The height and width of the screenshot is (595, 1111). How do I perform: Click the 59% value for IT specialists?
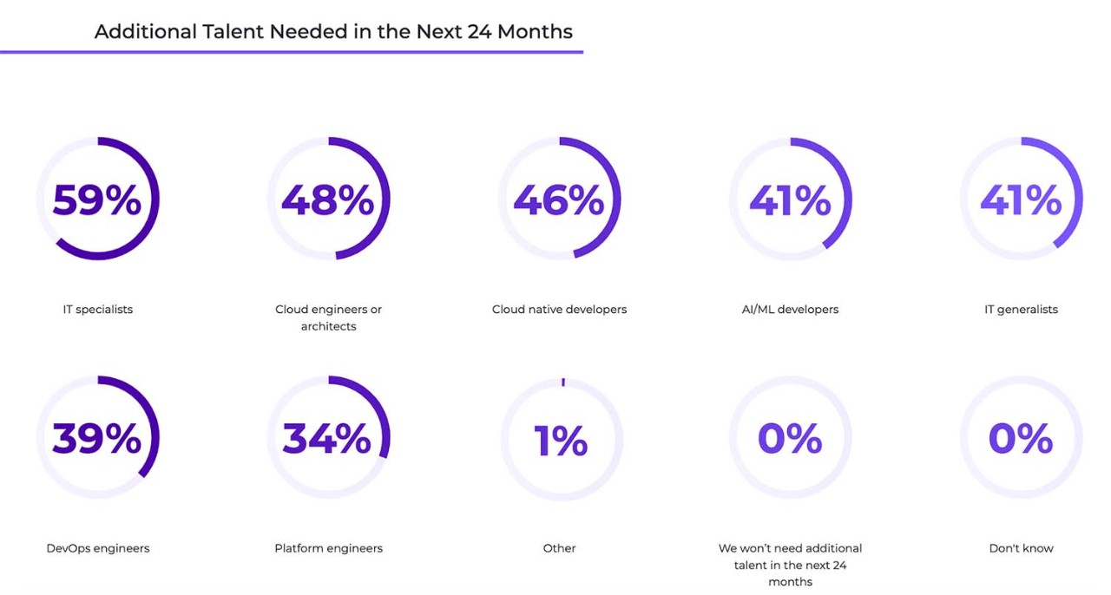[x=97, y=200]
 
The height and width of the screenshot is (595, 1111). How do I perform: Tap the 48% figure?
[x=327, y=200]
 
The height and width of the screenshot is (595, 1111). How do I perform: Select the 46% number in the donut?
[x=559, y=200]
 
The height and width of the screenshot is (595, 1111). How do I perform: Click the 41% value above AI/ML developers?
[x=790, y=200]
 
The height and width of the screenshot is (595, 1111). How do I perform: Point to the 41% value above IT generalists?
[x=1021, y=200]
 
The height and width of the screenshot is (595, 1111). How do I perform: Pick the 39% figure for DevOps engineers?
[x=97, y=439]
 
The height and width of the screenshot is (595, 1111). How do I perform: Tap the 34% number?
[x=327, y=439]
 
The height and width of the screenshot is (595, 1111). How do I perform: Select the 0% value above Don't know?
[x=1021, y=439]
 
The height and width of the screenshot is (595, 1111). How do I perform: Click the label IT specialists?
[x=98, y=310]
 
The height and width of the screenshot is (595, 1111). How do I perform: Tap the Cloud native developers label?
[x=559, y=310]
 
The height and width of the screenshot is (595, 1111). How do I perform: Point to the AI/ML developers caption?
[x=790, y=310]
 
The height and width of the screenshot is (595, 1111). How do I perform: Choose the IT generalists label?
[x=1021, y=310]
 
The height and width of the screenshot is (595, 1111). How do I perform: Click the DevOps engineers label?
[x=98, y=548]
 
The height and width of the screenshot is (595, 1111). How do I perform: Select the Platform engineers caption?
[x=328, y=548]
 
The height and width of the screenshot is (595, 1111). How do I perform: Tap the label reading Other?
[x=559, y=548]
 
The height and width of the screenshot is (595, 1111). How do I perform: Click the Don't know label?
[x=1021, y=548]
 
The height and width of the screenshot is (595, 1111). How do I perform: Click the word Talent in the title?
[x=232, y=32]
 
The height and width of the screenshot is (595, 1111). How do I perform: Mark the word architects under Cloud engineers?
[x=328, y=327]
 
